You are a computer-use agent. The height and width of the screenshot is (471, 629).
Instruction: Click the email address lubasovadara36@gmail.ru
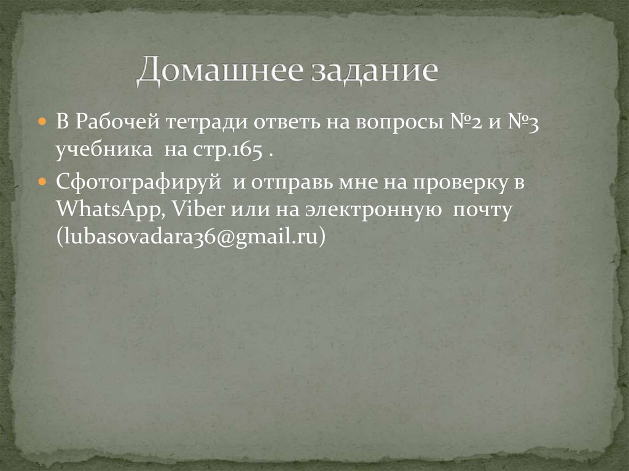[x=190, y=238]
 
